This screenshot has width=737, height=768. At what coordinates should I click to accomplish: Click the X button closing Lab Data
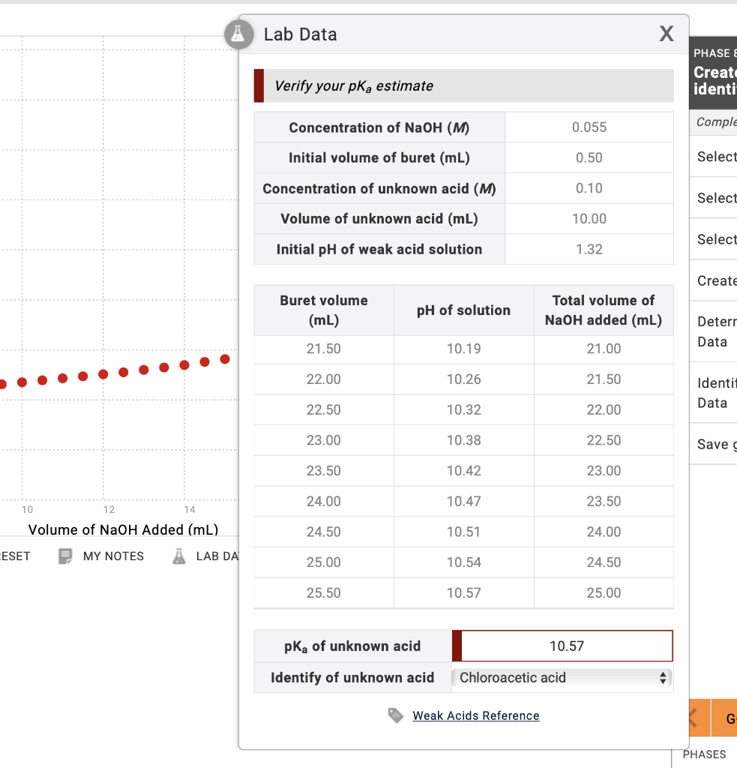tap(666, 34)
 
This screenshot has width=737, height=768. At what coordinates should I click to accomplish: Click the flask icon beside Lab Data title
tap(238, 34)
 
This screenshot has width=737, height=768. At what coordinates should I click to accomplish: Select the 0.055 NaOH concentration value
tap(589, 127)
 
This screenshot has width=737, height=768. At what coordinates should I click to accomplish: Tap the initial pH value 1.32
tap(589, 249)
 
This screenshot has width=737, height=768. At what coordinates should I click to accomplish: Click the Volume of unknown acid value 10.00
tap(589, 219)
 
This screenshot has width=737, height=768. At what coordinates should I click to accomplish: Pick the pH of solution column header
tap(463, 310)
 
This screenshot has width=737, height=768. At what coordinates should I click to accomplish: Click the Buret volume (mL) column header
tap(324, 310)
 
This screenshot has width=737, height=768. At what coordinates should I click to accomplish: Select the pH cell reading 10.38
tap(463, 440)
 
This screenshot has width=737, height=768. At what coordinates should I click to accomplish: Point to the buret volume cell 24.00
tap(324, 501)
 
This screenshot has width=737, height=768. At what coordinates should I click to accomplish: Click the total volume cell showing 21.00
tap(604, 349)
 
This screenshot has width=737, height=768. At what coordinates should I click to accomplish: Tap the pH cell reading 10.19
tap(463, 349)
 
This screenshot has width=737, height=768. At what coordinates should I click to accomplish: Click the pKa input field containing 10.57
tap(566, 646)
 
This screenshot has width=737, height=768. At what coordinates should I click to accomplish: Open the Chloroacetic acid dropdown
tap(562, 678)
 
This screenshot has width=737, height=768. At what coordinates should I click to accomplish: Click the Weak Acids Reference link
tap(475, 715)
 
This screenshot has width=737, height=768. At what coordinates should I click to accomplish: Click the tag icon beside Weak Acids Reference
tap(395, 715)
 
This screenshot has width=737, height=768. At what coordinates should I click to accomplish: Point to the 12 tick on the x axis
tap(109, 510)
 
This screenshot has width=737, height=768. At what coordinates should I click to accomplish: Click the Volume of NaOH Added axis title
tap(123, 529)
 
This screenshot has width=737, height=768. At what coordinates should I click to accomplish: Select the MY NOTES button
tap(102, 556)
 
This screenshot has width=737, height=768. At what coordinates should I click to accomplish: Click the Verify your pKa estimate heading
tap(354, 85)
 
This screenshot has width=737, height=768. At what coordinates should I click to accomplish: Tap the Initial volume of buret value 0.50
tap(589, 158)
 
